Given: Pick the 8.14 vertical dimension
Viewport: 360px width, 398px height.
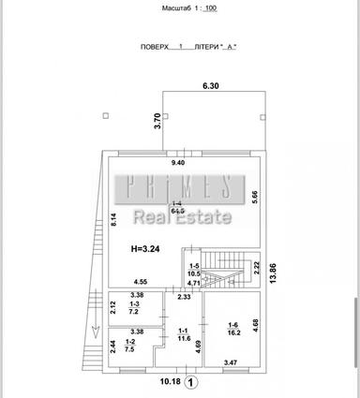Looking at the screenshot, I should pos(113,220).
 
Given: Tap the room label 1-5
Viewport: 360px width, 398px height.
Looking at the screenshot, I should pos(195,265).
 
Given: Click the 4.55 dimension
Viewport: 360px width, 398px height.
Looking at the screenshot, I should pos(140,282).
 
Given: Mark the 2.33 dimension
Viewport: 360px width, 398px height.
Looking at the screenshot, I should pos(185,297).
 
